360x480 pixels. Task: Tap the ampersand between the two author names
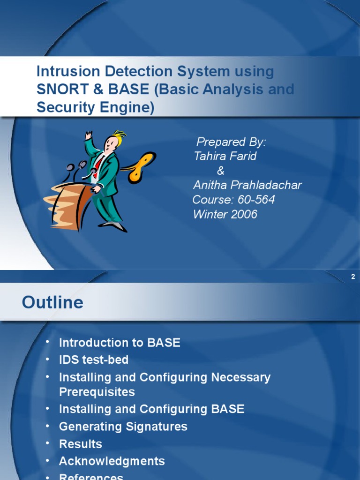pos(221,171)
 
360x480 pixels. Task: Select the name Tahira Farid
pos(225,156)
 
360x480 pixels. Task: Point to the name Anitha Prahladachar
pos(247,185)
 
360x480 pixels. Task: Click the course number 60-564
pos(256,200)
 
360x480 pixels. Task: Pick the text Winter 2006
pos(225,214)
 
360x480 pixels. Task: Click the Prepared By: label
pos(231,142)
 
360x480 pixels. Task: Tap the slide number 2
pos(353,277)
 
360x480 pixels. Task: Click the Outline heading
pos(52,302)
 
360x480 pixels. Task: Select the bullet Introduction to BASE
pos(119,343)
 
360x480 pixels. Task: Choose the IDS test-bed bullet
pos(93,360)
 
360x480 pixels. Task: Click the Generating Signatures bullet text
pos(123,427)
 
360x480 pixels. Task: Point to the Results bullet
pos(80,444)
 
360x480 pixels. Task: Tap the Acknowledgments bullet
pos(112,461)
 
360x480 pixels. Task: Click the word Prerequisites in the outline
pos(97,392)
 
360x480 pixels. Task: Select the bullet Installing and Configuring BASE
pos(151,409)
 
